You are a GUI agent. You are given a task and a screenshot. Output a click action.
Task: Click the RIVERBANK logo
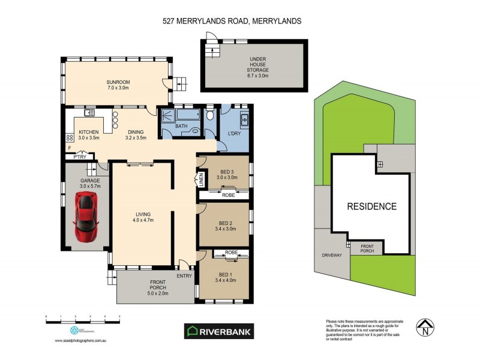pos(218,331)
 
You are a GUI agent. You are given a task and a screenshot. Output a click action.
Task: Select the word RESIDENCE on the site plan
pos(372,206)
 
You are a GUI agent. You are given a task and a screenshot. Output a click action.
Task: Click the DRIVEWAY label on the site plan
pos(331,255)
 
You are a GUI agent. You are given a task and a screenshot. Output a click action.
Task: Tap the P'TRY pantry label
pos(79,157)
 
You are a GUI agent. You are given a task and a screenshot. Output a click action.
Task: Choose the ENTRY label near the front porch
pos(185,276)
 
